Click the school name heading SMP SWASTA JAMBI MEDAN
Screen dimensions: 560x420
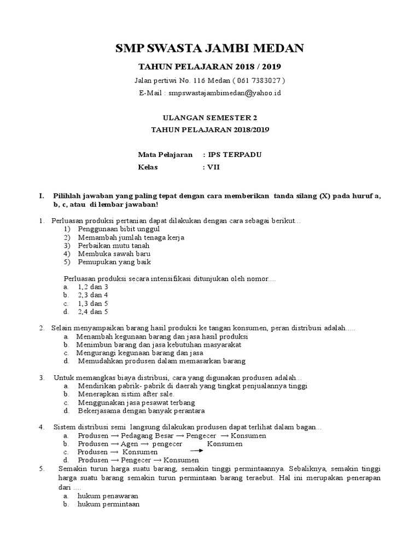209,49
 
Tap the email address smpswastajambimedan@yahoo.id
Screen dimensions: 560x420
225,93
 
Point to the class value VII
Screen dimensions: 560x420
213,167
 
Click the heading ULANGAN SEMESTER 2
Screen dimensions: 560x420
209,118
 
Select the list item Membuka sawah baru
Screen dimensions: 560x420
114,254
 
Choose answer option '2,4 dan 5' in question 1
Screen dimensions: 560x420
93,312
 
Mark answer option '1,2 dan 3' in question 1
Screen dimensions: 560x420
93,286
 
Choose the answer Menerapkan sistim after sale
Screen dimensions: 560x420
126,394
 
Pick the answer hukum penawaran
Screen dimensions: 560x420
108,495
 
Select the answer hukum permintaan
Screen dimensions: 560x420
109,504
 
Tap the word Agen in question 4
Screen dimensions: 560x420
130,444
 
